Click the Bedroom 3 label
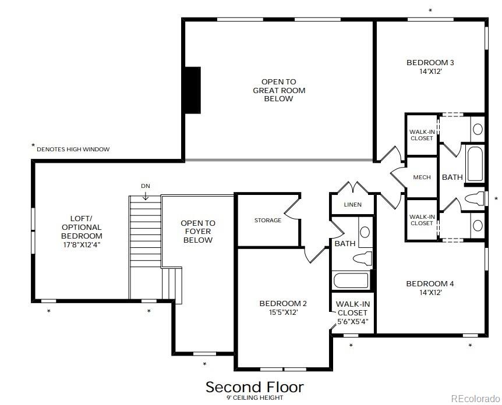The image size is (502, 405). [430, 62]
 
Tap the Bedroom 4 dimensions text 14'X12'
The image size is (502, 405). [429, 293]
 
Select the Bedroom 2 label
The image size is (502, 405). [282, 303]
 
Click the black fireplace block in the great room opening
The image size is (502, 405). [192, 90]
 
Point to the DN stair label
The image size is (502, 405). [146, 186]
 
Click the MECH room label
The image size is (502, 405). [422, 177]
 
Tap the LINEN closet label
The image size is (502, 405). [352, 205]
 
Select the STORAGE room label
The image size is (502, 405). [267, 221]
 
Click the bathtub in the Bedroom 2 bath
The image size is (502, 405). [351, 280]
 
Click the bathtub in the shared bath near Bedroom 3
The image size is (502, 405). [475, 165]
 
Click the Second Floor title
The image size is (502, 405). [254, 387]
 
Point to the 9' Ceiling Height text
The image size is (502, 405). [254, 398]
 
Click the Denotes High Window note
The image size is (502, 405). [72, 150]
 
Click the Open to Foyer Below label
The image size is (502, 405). [197, 232]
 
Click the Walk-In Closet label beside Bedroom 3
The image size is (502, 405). [421, 135]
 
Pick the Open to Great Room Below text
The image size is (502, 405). [278, 90]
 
